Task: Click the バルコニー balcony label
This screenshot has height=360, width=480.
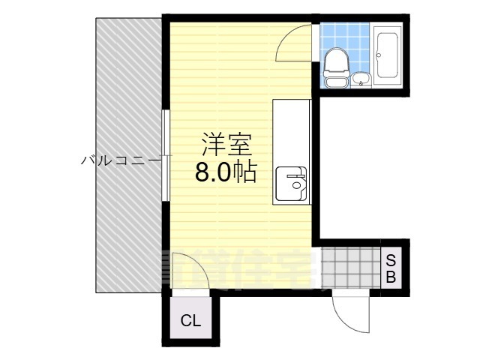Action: coord(120,160)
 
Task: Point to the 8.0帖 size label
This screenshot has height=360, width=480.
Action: coord(225,172)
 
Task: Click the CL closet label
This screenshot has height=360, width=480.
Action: coord(190,321)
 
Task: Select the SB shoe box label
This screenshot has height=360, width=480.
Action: coord(391,268)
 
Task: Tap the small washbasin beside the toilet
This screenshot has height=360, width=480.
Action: coord(360,78)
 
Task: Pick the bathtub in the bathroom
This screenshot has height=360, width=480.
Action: coord(388,55)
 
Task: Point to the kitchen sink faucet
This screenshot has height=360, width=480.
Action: coord(300,182)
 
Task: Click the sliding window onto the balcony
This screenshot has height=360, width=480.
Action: coord(166,156)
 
